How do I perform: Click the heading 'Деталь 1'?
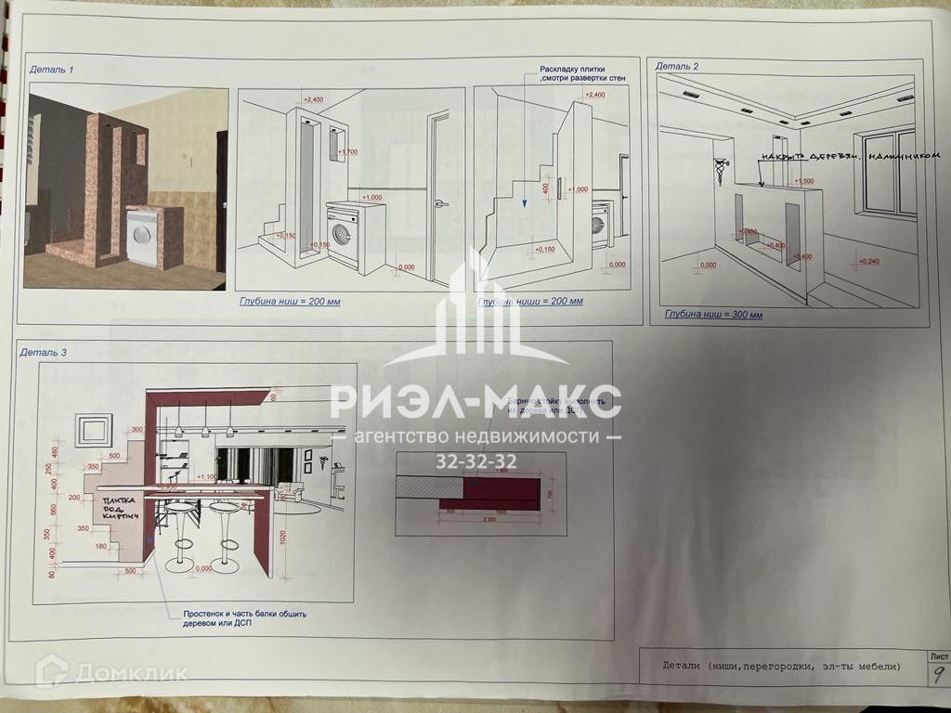click(x=52, y=70)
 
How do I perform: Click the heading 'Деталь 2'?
click(x=677, y=66)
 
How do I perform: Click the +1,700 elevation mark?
click(x=347, y=151)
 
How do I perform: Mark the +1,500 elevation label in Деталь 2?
click(x=803, y=181)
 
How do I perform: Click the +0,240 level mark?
click(x=868, y=262)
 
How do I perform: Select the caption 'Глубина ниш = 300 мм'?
click(x=712, y=315)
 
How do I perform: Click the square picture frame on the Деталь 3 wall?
click(x=94, y=430)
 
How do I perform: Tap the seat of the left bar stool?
click(x=181, y=509)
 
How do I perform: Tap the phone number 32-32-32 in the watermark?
click(x=476, y=461)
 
